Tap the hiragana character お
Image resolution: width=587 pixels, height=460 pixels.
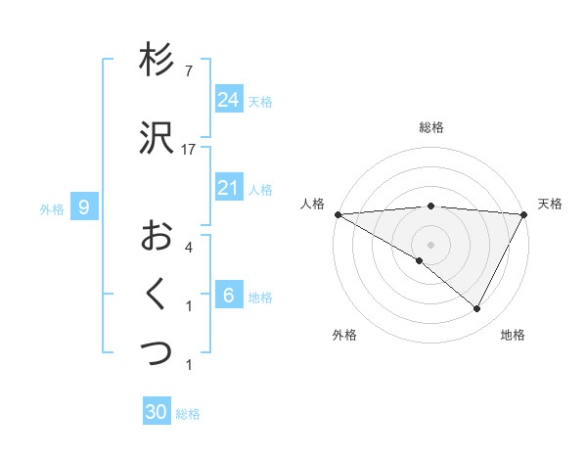click(157, 235)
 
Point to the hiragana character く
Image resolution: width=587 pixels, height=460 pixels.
click(157, 294)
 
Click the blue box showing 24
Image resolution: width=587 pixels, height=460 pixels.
click(228, 100)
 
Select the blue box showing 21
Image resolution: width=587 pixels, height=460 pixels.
click(228, 188)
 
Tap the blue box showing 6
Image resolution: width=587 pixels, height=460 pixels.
click(228, 296)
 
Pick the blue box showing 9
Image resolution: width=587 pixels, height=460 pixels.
click(84, 207)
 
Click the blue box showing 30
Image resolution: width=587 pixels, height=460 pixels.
click(157, 412)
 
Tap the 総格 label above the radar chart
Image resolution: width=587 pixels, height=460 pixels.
click(431, 127)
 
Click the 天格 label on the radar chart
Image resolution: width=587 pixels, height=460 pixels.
click(550, 204)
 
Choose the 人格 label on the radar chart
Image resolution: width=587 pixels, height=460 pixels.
click(312, 204)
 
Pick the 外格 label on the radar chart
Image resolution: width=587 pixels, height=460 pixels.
click(344, 336)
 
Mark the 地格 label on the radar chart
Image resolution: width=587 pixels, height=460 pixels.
click(513, 336)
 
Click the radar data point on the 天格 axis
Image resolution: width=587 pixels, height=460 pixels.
click(524, 214)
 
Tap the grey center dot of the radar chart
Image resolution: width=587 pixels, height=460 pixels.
click(430, 244)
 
